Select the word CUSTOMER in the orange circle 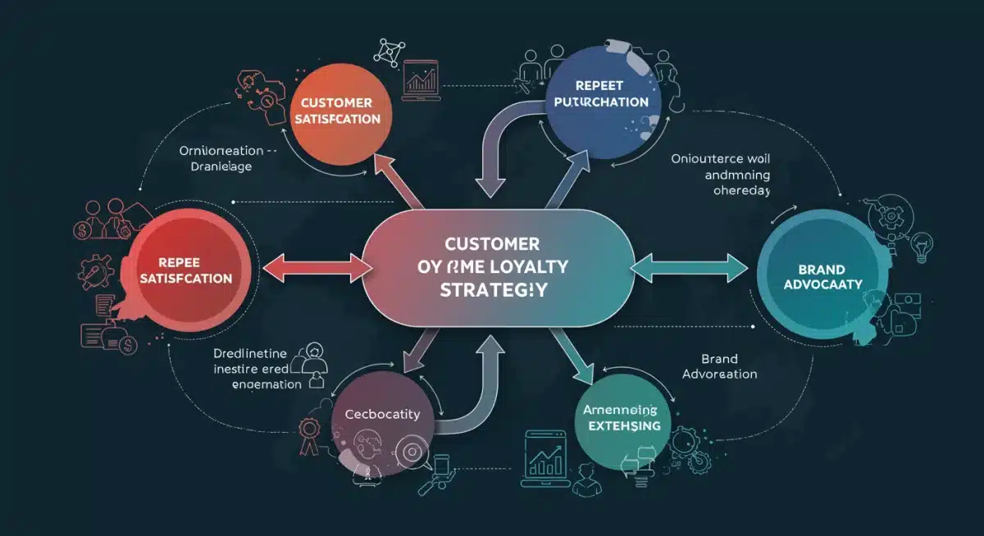(x=336, y=102)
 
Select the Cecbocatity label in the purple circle (x=382, y=414)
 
